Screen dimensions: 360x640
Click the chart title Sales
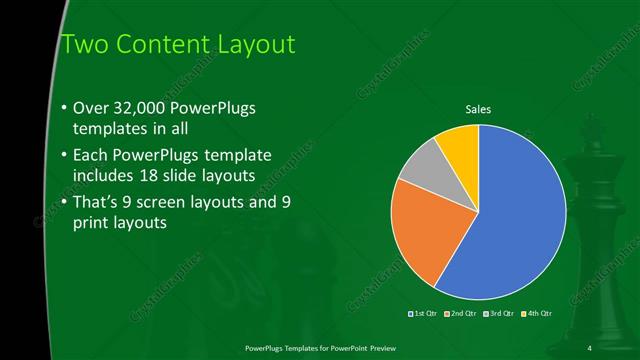point(479,109)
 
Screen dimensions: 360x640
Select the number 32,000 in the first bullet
point(146,108)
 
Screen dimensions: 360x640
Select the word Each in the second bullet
point(92,155)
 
